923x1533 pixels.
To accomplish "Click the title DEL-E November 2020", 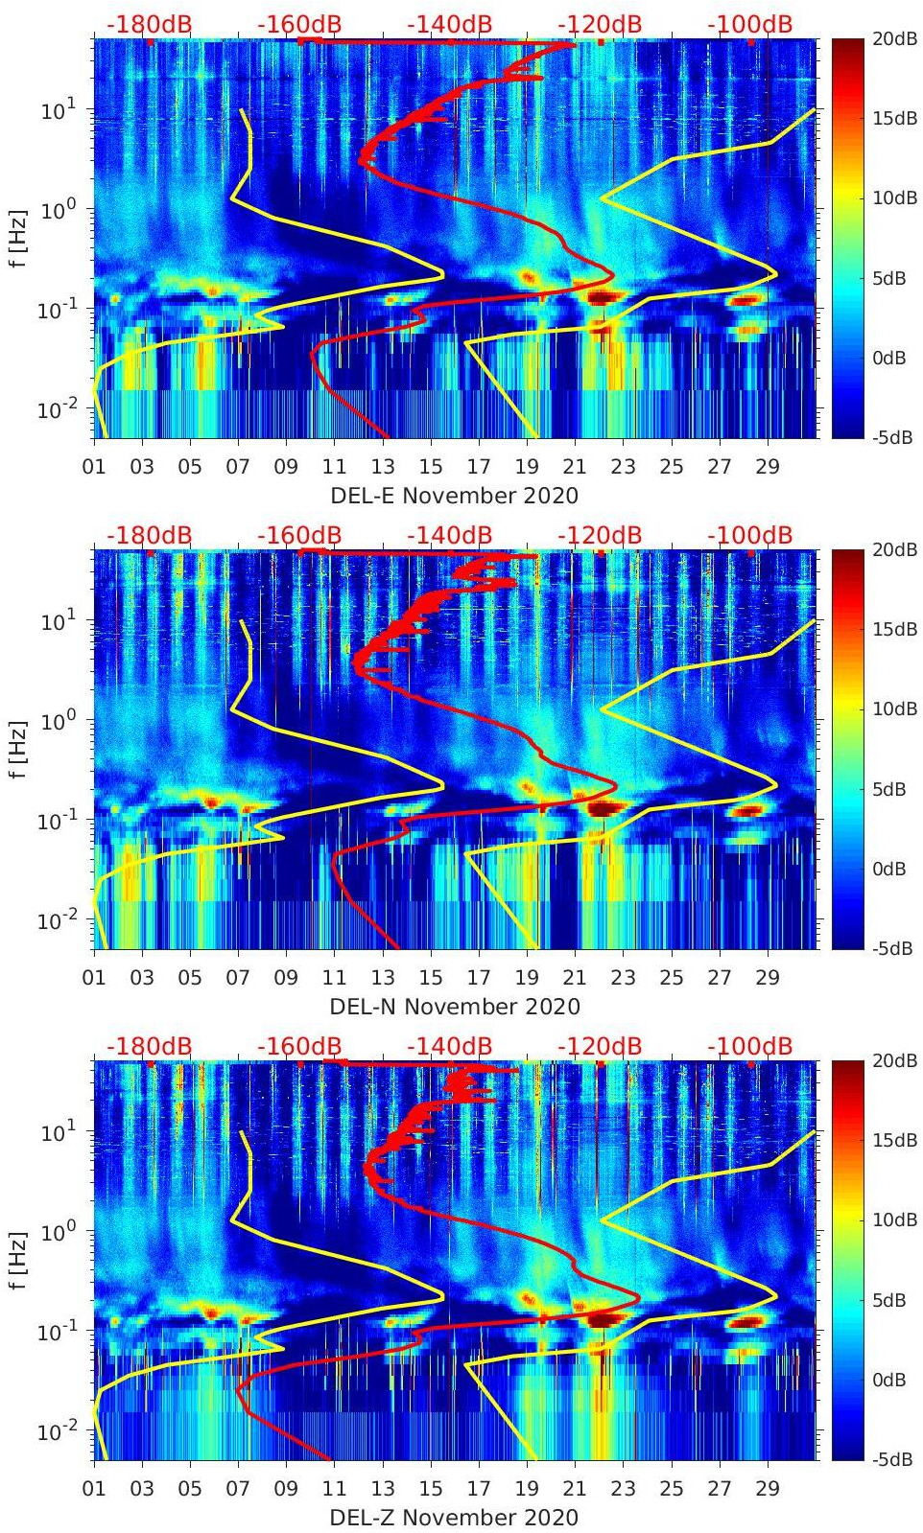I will [454, 496].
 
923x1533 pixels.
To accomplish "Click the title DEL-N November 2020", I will [454, 1007].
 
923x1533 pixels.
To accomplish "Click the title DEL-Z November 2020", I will [454, 1518].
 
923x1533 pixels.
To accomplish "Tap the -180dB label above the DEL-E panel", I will [149, 24].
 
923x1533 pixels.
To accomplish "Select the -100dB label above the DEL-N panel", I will [749, 535].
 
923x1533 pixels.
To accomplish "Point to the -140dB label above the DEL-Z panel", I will [449, 1046].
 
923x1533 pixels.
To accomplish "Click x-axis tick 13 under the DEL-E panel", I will [383, 467].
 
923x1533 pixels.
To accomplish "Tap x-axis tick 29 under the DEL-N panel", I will [768, 978].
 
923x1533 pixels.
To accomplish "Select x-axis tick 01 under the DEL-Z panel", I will [94, 1489].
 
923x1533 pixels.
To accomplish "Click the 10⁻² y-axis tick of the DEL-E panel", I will [58, 409].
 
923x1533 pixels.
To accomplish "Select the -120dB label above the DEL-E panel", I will [600, 24].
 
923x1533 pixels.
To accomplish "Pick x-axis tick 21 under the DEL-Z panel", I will [575, 1489].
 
